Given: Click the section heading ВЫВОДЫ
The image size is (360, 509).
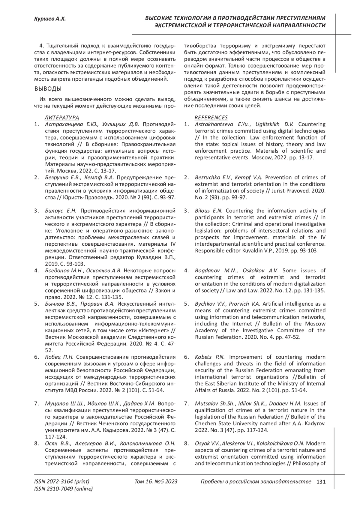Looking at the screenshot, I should pos(48,89).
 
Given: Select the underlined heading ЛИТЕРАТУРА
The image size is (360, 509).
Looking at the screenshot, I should pos(62,117).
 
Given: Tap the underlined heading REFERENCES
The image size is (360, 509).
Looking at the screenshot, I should pos(211,117).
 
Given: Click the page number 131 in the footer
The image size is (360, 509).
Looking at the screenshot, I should pos(321,482).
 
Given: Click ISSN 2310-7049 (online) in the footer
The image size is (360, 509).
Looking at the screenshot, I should pos(64,489).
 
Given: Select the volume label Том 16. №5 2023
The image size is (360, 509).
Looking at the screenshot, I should pos(156,482).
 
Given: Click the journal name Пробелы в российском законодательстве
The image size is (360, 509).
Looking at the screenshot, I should pos(256,482).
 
